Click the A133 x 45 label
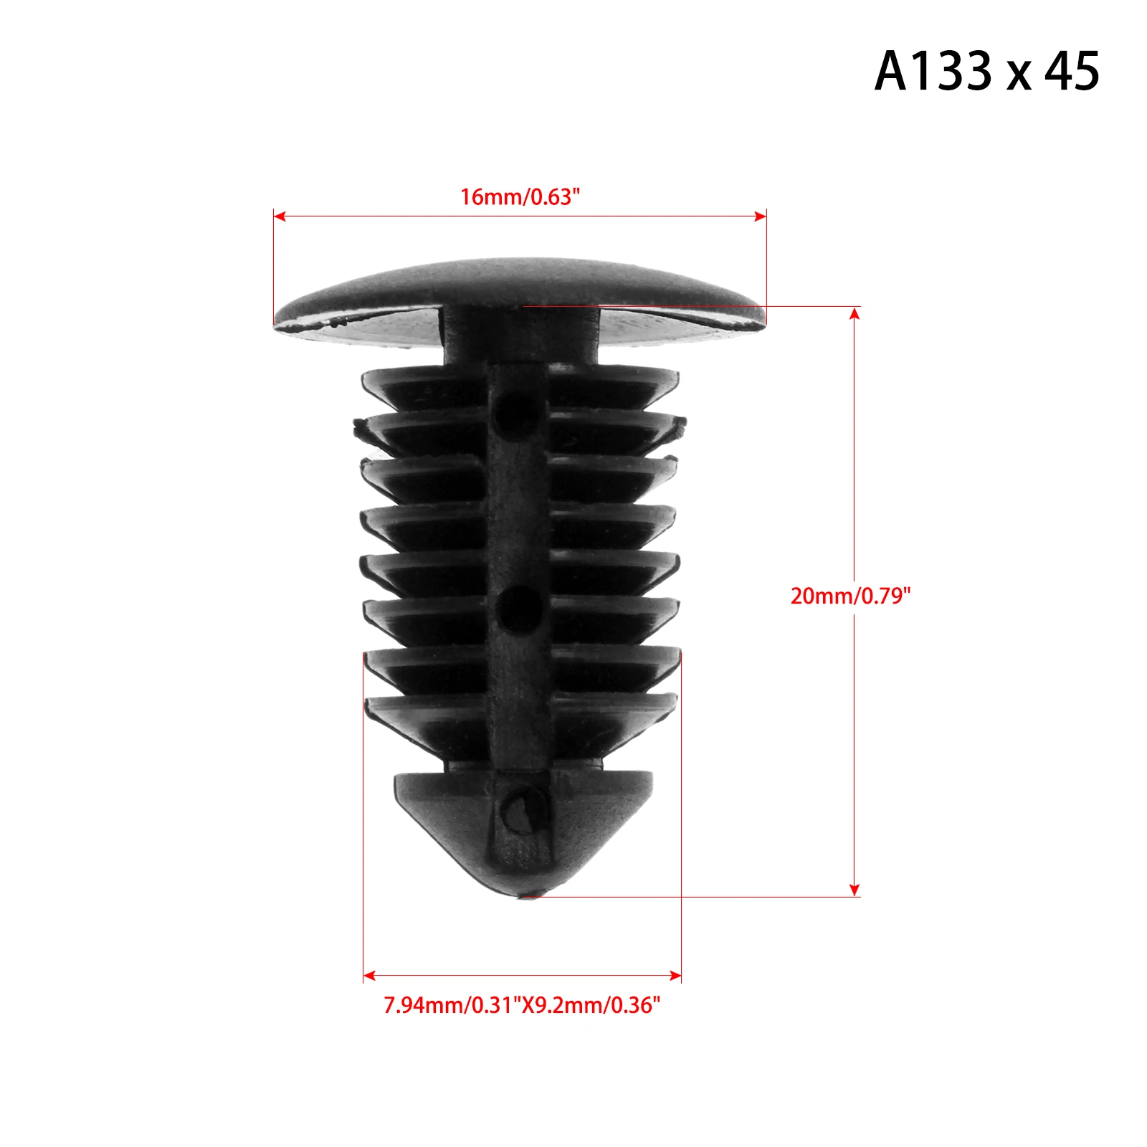986,71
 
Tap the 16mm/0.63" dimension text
520,196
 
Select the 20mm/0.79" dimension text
850,596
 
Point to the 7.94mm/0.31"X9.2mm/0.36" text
522,1005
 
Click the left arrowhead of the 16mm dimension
280,216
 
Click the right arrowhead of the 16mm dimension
760,216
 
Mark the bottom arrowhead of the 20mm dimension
854,890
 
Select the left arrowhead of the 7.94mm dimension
370,975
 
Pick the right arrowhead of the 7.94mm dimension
675,975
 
